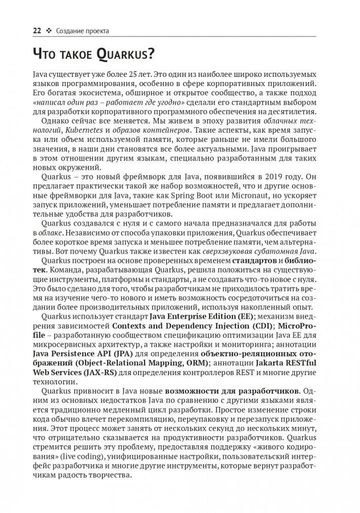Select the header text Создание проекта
(83, 31)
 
